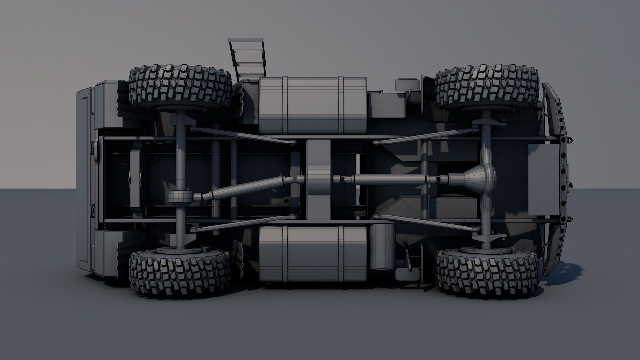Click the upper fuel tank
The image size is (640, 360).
click(x=313, y=105)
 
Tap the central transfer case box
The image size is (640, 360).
click(x=318, y=180)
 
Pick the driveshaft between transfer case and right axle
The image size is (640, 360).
click(x=390, y=180)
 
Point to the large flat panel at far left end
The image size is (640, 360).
click(x=85, y=180)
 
